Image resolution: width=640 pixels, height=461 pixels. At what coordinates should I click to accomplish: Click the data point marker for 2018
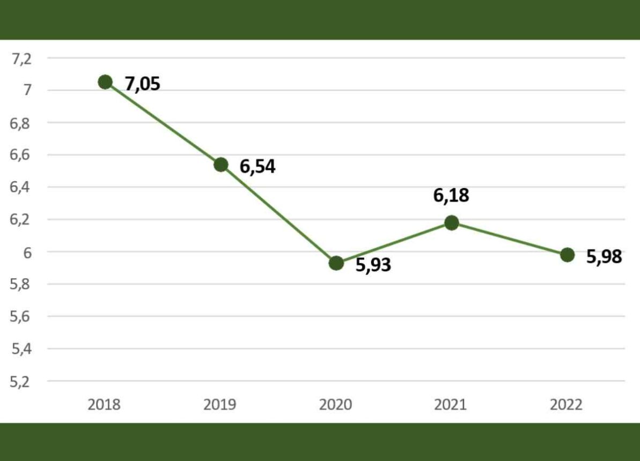(x=105, y=82)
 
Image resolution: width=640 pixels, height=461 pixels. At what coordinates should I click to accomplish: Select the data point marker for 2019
(x=220, y=165)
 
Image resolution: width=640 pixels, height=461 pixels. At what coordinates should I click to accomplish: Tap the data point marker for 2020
(x=336, y=263)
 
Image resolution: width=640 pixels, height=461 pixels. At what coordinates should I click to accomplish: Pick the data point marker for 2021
(x=452, y=222)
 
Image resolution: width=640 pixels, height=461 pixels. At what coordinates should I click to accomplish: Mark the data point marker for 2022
(x=567, y=255)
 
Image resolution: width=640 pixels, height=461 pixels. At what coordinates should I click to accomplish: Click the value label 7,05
(x=143, y=84)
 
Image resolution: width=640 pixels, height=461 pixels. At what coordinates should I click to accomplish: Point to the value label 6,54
(x=258, y=167)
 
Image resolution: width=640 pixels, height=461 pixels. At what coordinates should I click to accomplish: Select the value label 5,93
(x=373, y=265)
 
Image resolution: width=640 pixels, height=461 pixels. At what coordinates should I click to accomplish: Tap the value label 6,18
(x=451, y=196)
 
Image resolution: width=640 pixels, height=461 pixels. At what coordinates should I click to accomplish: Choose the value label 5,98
(x=604, y=257)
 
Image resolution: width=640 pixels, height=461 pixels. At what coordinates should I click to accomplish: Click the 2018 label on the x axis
(x=104, y=404)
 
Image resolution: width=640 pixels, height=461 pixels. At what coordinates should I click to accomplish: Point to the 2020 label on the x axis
(x=336, y=404)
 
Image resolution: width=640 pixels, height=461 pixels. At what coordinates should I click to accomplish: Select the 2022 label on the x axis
(x=567, y=404)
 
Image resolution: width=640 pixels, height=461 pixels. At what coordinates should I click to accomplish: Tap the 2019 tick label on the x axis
(x=220, y=404)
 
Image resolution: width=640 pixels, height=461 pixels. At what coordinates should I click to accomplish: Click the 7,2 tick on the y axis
(x=22, y=58)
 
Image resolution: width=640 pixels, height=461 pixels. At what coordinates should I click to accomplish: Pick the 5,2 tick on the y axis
(x=22, y=382)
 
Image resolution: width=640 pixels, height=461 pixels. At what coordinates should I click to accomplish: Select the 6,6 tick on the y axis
(x=22, y=155)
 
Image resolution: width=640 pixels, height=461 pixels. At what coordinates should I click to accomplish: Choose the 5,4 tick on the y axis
(x=22, y=349)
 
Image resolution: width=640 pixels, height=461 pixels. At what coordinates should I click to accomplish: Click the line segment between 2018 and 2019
(x=163, y=123)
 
